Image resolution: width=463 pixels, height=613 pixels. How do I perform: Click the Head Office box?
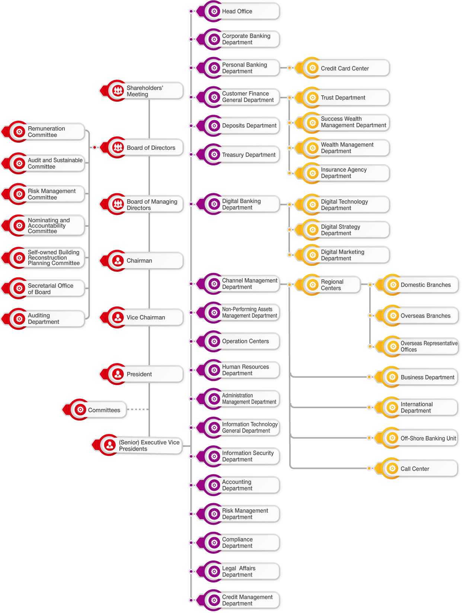point(242,12)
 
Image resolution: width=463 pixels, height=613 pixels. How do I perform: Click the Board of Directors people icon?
point(118,147)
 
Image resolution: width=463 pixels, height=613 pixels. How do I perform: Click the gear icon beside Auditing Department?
point(19,319)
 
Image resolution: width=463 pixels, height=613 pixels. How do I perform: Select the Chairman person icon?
point(118,261)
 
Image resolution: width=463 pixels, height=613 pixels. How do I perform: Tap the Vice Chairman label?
point(146,318)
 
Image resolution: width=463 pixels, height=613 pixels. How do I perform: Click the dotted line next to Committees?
point(138,409)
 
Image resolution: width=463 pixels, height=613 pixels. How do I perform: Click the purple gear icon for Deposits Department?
point(214,126)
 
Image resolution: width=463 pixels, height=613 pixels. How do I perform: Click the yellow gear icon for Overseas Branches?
point(393,316)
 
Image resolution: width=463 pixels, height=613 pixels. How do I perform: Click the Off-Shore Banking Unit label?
point(428,438)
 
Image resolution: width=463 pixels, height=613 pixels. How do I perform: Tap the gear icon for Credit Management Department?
point(214,600)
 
